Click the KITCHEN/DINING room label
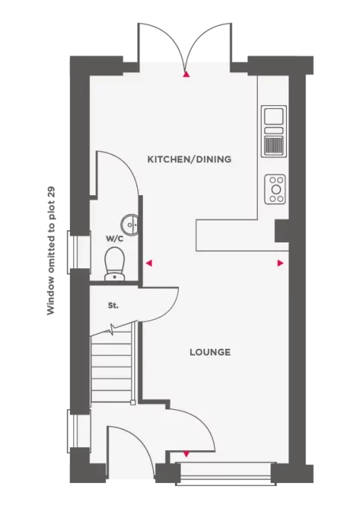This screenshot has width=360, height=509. pyautogui.click(x=189, y=159)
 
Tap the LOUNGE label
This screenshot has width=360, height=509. pyautogui.click(x=210, y=352)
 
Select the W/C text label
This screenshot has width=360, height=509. pyautogui.click(x=115, y=239)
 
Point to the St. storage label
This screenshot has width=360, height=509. pyautogui.click(x=113, y=306)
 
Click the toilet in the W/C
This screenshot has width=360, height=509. pyautogui.click(x=114, y=264)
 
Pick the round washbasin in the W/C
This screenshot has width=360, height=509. pyautogui.click(x=130, y=224)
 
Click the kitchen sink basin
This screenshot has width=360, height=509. pyautogui.click(x=274, y=116)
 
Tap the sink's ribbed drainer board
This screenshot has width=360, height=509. pyautogui.click(x=274, y=145)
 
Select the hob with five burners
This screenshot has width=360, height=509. pyautogui.click(x=275, y=189)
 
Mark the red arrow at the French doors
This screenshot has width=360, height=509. pyautogui.click(x=186, y=75)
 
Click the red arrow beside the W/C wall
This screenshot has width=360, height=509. pyautogui.click(x=148, y=263)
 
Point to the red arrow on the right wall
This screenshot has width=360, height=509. pyautogui.click(x=280, y=263)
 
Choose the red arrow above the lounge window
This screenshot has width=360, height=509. pyautogui.click(x=186, y=455)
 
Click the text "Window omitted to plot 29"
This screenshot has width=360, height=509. pyautogui.click(x=51, y=250)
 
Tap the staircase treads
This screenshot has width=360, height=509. pyautogui.click(x=112, y=368)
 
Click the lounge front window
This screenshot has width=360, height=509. pyautogui.click(x=226, y=474)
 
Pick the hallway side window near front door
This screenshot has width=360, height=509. pyautogui.click(x=73, y=431)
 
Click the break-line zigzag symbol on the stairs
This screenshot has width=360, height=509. pyautogui.click(x=113, y=329)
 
